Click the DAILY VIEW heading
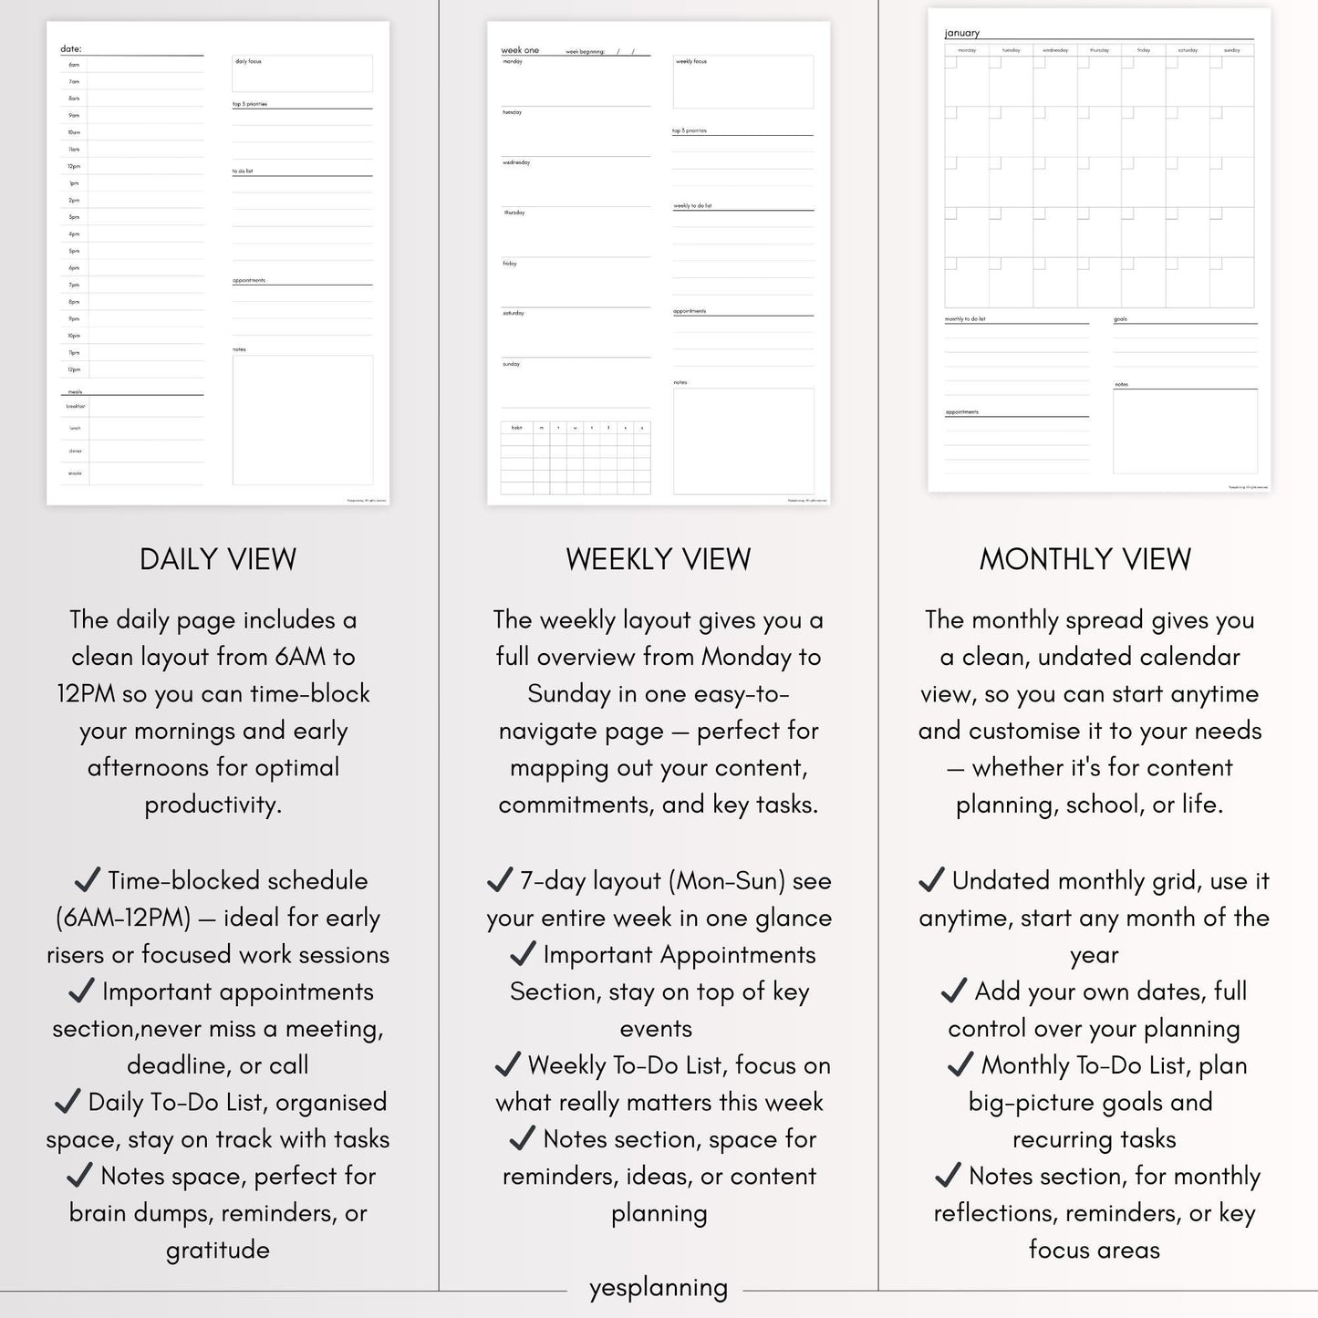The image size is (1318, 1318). pos(218,559)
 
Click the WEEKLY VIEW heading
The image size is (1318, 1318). pos(658,559)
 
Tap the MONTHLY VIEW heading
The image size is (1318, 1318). pos(1084,559)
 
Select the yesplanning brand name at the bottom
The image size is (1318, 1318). pos(658,1288)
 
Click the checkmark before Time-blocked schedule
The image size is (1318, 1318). pos(88,880)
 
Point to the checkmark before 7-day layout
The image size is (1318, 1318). pos(500,880)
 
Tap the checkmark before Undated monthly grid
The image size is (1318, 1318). pos(931,880)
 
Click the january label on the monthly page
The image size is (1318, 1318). pos(962,34)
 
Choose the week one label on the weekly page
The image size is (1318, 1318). pos(520,50)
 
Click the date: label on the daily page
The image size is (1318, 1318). pos(71,49)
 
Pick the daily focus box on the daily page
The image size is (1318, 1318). pos(302,74)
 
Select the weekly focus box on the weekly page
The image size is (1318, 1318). pos(742,82)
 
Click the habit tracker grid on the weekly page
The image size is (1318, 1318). pos(576,458)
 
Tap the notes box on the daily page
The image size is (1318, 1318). pos(302,420)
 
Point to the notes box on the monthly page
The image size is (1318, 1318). pos(1185,431)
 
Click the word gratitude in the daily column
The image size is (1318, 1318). pos(218,1250)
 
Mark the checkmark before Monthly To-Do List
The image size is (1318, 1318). pos(960,1064)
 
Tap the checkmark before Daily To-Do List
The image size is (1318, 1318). pos(67,1102)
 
